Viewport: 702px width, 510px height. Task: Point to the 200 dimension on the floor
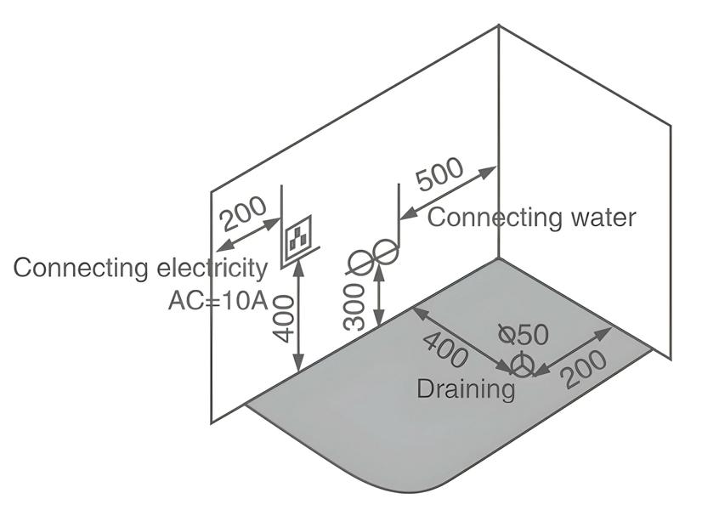tap(584, 368)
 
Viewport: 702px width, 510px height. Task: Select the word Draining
tap(465, 389)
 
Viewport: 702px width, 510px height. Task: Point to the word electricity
tap(212, 268)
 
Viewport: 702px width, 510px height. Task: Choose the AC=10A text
tap(218, 300)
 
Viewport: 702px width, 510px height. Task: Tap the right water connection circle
tap(386, 252)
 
